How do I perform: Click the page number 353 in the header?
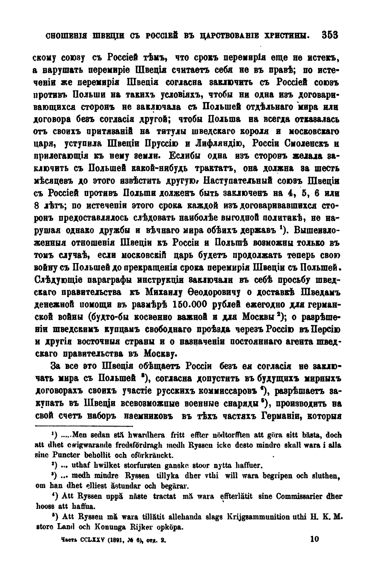click(x=329, y=35)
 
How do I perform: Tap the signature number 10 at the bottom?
click(x=315, y=540)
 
